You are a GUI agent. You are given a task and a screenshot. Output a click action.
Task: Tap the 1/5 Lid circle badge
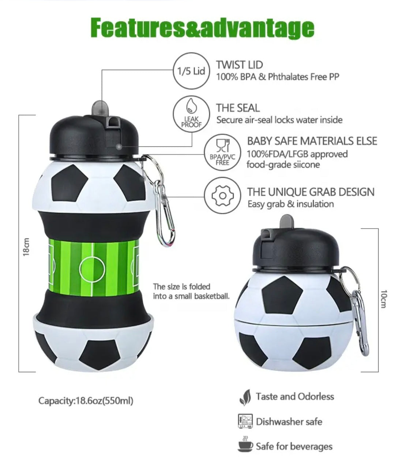191,71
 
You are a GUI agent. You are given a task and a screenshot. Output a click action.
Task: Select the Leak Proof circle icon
191,114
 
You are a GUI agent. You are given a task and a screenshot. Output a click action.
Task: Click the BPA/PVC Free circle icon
222,153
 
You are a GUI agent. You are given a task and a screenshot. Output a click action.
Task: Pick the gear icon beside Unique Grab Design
222,195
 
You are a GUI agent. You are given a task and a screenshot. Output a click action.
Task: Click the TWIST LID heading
240,65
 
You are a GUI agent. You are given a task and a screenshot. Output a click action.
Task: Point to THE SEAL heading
238,108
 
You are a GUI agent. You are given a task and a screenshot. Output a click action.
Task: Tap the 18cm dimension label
26,247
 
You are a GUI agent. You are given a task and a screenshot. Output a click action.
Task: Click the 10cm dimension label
384,299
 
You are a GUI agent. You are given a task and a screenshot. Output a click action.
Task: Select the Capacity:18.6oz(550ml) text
86,401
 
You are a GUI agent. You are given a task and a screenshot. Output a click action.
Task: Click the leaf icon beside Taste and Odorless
245,398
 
